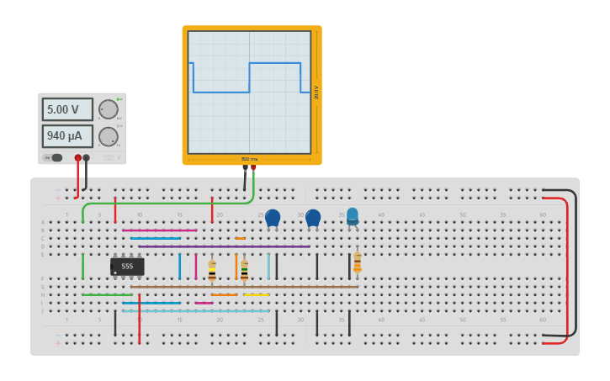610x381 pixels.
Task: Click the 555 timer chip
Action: click(127, 267)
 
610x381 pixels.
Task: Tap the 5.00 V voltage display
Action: click(67, 109)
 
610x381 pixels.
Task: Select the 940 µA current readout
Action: click(67, 135)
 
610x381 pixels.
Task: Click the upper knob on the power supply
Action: click(108, 109)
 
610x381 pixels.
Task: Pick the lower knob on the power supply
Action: click(108, 136)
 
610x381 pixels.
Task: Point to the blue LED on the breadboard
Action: click(353, 216)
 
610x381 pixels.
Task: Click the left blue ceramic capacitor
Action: click(273, 218)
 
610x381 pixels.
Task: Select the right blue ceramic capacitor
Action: click(313, 218)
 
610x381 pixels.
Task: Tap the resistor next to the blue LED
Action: click(357, 262)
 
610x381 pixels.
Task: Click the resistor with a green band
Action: click(244, 270)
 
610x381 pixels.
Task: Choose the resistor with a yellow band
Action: click(212, 270)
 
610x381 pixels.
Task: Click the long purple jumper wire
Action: click(224, 246)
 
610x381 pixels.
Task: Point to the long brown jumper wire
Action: click(244, 287)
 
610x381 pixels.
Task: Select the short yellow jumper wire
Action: click(257, 294)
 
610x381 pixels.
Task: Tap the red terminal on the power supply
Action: click(78, 157)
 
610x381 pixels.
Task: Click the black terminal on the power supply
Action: click(86, 157)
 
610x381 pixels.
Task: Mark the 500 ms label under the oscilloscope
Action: click(249, 159)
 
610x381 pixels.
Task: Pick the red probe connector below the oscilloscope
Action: click(253, 167)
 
